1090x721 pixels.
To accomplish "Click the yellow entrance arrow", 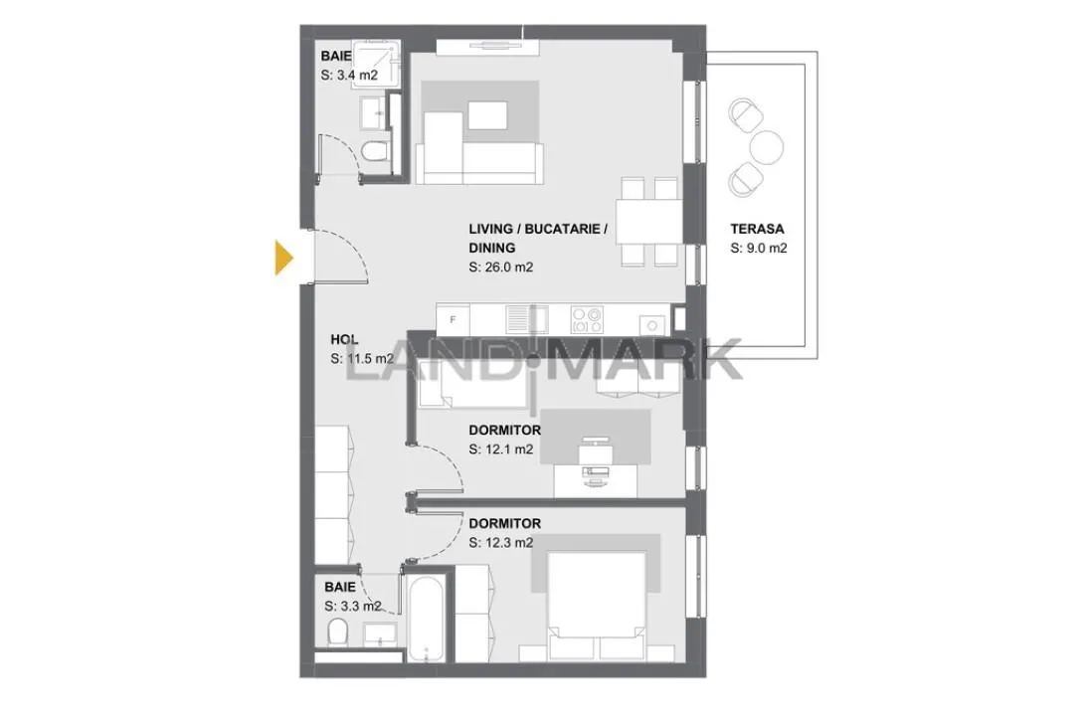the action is point(283,258).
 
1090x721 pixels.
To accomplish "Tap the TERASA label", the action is point(757,229).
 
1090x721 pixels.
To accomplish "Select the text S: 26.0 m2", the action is point(500,267).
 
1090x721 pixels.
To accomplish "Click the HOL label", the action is point(344,339).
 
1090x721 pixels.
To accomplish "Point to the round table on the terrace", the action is point(767,147).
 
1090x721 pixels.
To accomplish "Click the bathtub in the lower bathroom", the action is point(426,618).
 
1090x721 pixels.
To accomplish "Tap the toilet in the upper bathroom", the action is point(375,151).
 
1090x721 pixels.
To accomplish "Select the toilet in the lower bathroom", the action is point(337,631).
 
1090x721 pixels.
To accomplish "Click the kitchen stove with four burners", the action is point(587,319).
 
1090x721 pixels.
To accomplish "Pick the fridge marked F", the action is point(453,320).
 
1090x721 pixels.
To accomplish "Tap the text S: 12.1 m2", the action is point(500,450).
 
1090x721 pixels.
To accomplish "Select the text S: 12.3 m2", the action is point(500,543).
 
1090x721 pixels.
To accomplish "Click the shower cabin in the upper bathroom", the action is point(376,64).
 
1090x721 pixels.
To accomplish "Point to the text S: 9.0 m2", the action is point(759,249).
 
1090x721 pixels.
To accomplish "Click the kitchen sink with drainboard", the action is point(528,319).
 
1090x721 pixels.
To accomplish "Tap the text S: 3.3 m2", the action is point(352,607).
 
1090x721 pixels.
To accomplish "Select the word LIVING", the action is point(490,229).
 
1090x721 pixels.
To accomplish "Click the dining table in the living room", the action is point(648,222).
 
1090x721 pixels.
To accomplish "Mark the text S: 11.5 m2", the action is point(361,359).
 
